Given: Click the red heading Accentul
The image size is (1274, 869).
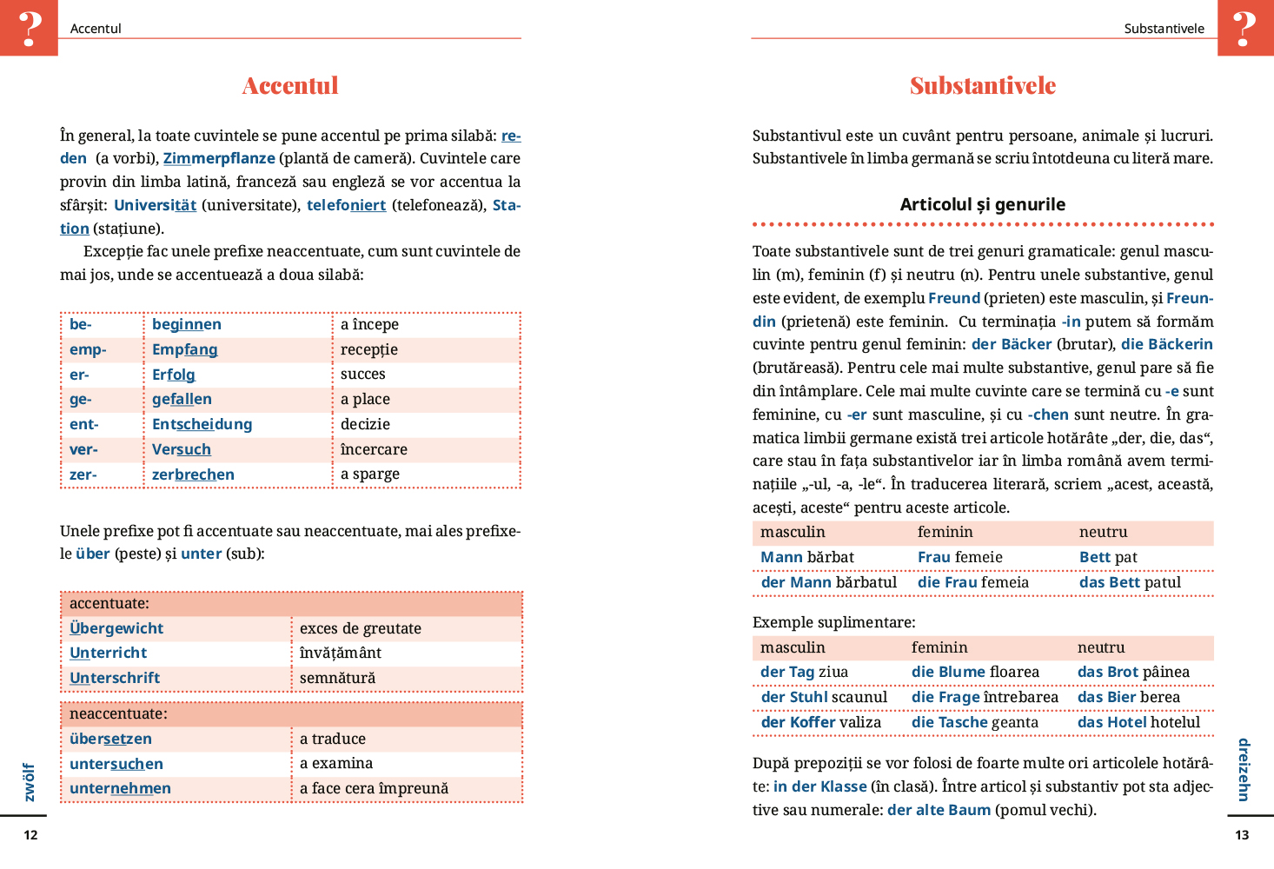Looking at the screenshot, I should pyautogui.click(x=290, y=85).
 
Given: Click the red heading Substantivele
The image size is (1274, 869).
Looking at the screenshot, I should pyautogui.click(x=983, y=85).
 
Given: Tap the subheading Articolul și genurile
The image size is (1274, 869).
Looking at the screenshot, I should pyautogui.click(x=982, y=204).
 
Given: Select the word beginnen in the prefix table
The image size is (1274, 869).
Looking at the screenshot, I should pyautogui.click(x=187, y=324).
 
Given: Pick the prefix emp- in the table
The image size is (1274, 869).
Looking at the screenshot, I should pyautogui.click(x=88, y=349).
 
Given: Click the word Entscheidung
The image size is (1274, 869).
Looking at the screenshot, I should pyautogui.click(x=202, y=424).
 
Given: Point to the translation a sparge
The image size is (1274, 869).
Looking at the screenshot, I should pyautogui.click(x=370, y=474).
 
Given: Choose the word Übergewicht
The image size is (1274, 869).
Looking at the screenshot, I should pyautogui.click(x=116, y=628).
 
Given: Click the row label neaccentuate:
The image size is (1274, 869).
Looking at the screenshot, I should pyautogui.click(x=118, y=713).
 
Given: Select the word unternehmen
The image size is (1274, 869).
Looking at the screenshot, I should pyautogui.click(x=120, y=788).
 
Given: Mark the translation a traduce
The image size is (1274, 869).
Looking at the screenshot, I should pyautogui.click(x=333, y=739).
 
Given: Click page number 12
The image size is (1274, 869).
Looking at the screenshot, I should pyautogui.click(x=30, y=835).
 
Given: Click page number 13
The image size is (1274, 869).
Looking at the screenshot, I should pyautogui.click(x=1242, y=835).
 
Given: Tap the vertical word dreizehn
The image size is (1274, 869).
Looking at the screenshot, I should pyautogui.click(x=1244, y=770).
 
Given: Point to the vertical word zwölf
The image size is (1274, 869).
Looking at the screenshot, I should pyautogui.click(x=30, y=782).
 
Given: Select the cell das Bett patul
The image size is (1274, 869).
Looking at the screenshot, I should pyautogui.click(x=1130, y=582).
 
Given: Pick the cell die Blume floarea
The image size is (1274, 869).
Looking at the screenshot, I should pyautogui.click(x=975, y=672).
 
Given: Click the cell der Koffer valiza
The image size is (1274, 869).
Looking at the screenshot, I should pyautogui.click(x=821, y=722).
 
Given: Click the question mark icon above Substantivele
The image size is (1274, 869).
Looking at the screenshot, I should pyautogui.click(x=1244, y=28).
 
